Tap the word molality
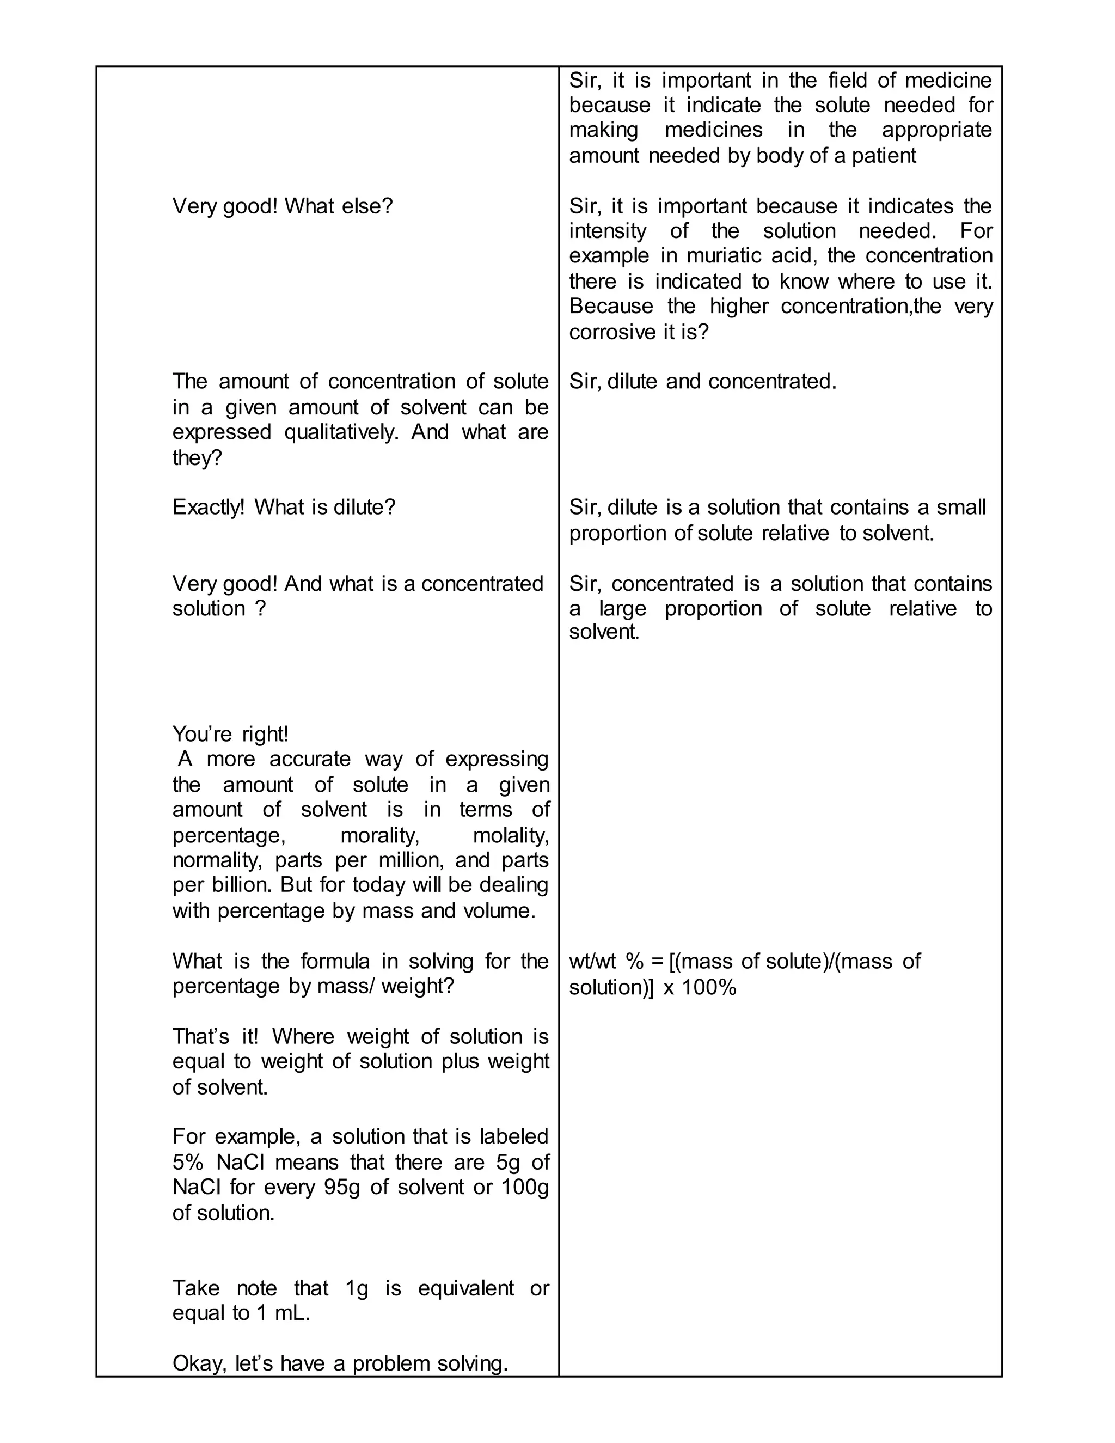(x=511, y=836)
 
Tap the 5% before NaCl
(x=188, y=1162)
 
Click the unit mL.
(x=291, y=1313)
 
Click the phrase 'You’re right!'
(x=230, y=734)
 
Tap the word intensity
(x=608, y=231)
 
